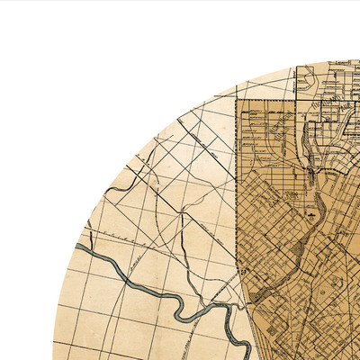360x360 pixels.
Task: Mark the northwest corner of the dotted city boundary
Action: pyautogui.click(x=238, y=100)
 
